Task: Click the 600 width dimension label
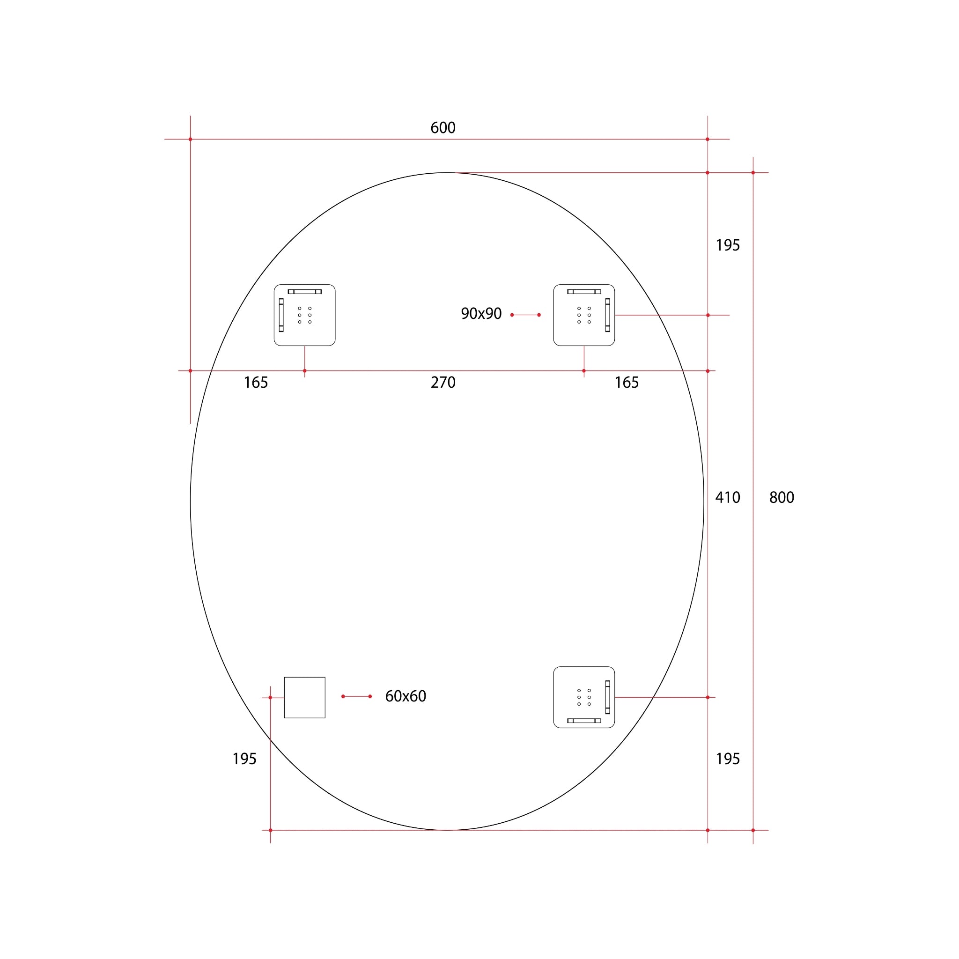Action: [443, 128]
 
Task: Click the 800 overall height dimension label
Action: [782, 497]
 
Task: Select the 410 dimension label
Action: [727, 497]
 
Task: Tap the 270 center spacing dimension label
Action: [443, 382]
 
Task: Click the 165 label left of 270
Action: [256, 382]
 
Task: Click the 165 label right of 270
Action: [627, 382]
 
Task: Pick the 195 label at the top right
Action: [728, 245]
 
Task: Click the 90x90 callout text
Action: [481, 314]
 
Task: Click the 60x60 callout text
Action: [406, 696]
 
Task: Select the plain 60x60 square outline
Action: [304, 697]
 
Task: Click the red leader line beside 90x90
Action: [525, 315]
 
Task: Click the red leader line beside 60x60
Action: [356, 696]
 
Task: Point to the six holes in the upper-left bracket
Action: [304, 315]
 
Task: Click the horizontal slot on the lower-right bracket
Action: [584, 721]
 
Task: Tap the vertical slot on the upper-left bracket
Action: [281, 315]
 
